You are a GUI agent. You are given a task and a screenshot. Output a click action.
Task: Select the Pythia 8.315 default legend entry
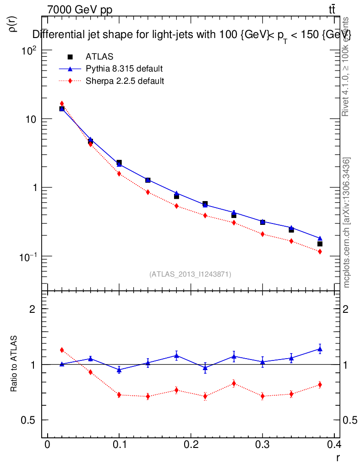coord(124,69)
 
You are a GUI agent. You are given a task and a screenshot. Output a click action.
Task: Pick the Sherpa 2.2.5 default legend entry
coord(125,81)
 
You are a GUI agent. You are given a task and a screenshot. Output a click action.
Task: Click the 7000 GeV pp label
coord(80,10)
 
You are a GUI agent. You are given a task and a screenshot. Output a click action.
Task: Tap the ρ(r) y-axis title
coord(13,23)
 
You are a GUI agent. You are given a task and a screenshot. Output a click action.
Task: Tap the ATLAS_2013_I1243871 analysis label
coord(190,274)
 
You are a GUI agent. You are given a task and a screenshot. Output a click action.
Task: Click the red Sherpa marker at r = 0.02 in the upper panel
coord(62,104)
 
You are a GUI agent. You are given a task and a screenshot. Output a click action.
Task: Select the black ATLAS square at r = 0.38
coord(320,244)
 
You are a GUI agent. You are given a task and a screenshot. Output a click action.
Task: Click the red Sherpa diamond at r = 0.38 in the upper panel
coord(320,251)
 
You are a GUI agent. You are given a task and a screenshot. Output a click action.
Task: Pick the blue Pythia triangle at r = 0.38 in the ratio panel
coord(320,349)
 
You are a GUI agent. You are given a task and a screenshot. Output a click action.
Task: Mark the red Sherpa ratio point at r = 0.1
coord(119,395)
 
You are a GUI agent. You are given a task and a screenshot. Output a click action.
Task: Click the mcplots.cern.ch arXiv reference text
coord(347,223)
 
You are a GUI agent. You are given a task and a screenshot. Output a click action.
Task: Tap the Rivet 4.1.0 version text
coord(346,67)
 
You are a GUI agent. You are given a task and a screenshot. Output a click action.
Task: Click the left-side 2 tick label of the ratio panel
coord(33,309)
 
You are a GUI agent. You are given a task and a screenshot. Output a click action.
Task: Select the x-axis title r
coord(338,457)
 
